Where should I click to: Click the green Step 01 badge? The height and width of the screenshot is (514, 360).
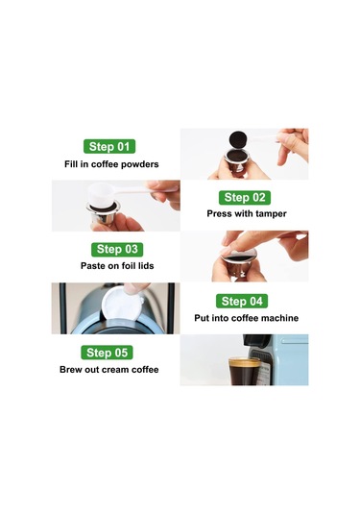click(x=109, y=146)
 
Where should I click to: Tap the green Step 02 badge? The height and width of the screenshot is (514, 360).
click(x=245, y=197)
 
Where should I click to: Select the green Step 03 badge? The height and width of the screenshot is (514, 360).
click(x=117, y=250)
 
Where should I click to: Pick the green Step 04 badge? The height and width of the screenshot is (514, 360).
click(x=242, y=301)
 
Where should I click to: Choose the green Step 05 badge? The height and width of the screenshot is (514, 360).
click(x=107, y=353)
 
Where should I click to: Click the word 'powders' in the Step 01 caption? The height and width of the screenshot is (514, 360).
click(x=140, y=164)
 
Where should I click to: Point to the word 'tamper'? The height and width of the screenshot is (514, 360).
click(x=271, y=214)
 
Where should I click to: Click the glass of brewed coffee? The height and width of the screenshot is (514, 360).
click(x=244, y=372)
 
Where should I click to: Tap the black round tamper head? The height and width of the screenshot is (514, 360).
click(x=237, y=140)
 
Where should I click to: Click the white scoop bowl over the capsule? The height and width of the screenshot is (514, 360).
click(x=101, y=195)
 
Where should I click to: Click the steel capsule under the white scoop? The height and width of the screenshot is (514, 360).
click(x=103, y=213)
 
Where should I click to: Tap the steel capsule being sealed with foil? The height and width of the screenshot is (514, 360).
click(x=238, y=265)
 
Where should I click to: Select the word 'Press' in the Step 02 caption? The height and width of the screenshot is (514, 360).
click(x=219, y=213)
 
